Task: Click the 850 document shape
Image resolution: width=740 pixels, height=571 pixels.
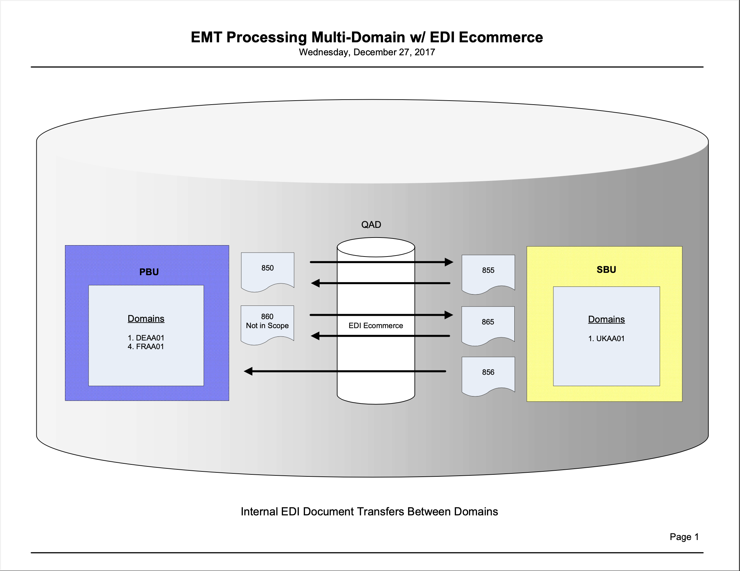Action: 267,270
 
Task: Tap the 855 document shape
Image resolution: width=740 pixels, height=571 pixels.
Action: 488,272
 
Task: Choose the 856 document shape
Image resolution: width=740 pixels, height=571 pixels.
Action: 488,374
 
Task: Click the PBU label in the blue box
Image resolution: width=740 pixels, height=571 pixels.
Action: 149,272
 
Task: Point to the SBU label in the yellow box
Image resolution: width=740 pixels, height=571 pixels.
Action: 606,270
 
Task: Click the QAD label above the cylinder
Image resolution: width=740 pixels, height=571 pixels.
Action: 371,225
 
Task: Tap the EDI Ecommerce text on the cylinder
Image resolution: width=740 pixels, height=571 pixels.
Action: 375,325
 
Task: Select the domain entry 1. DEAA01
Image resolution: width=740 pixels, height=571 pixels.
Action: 146,338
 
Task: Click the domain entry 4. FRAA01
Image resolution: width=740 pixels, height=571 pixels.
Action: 146,346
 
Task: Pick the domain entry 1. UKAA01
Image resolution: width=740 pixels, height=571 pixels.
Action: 606,338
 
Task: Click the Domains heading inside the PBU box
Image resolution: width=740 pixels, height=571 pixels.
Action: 146,319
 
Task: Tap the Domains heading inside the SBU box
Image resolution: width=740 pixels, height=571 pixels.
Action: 606,319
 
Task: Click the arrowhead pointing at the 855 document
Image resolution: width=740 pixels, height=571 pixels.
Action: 449,262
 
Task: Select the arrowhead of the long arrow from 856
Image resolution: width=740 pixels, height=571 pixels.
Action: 248,371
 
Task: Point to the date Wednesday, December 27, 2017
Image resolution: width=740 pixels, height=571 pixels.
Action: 367,52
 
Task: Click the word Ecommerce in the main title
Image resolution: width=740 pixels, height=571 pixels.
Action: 500,37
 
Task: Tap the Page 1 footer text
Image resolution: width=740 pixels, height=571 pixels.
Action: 684,537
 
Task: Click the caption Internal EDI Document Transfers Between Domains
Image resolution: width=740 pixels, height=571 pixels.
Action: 369,511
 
